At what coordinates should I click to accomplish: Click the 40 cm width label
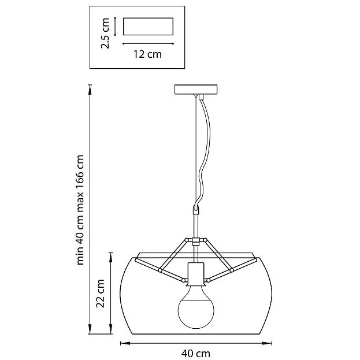pyautogui.click(x=196, y=353)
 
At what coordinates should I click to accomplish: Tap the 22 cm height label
pyautogui.click(x=101, y=293)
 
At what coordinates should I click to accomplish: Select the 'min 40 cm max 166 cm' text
pyautogui.click(x=80, y=210)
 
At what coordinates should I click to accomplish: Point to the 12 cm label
pyautogui.click(x=147, y=54)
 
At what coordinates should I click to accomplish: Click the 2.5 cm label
pyautogui.click(x=105, y=33)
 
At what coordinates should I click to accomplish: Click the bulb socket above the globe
pyautogui.click(x=196, y=274)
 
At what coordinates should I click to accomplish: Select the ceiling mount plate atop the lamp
pyautogui.click(x=196, y=90)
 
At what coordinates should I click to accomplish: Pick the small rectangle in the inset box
pyautogui.click(x=148, y=27)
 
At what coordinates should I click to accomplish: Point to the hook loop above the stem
pyautogui.click(x=196, y=210)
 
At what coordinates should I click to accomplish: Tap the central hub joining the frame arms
pyautogui.click(x=196, y=242)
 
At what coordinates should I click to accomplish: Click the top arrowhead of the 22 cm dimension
pyautogui.click(x=111, y=257)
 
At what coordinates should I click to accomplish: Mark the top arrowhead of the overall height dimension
pyautogui.click(x=90, y=90)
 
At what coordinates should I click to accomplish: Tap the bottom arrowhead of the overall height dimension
pyautogui.click(x=90, y=329)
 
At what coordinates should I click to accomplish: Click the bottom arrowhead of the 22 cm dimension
pyautogui.click(x=111, y=329)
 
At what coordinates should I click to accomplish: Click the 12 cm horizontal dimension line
pyautogui.click(x=149, y=43)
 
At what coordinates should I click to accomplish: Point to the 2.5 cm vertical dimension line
pyautogui.click(x=115, y=27)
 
